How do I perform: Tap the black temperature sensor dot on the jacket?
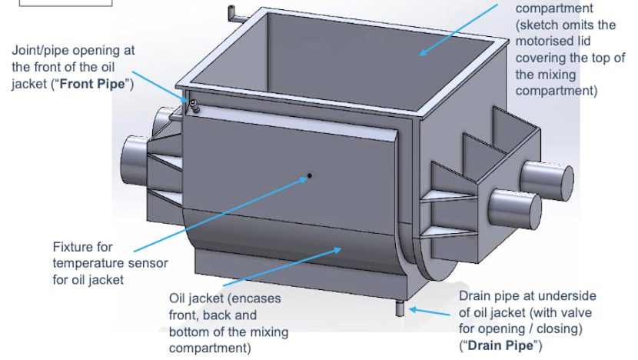(x=310, y=176)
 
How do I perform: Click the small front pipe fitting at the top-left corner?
(x=194, y=105)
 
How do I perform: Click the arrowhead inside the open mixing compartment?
(x=421, y=54)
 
